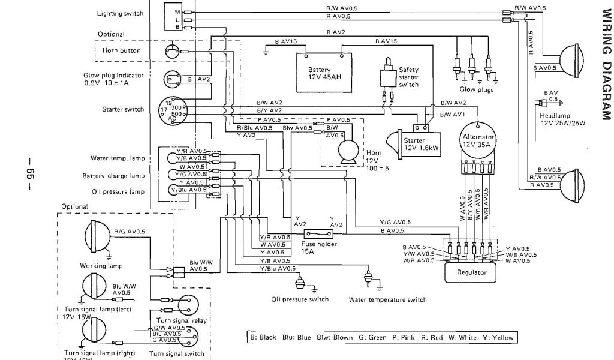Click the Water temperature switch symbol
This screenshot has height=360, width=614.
[x=369, y=280]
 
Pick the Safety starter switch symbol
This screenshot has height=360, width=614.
[x=388, y=78]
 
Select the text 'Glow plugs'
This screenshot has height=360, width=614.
[x=476, y=89]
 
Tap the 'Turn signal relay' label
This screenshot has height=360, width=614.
[x=182, y=321]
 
